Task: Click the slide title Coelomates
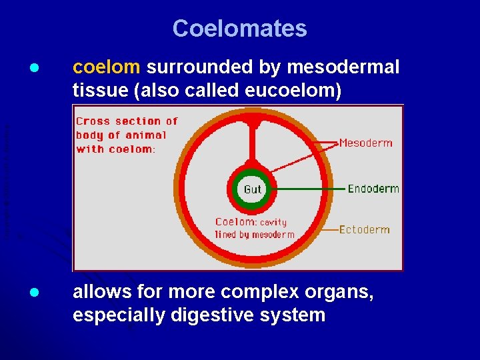click(239, 29)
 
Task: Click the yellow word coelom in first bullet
click(107, 67)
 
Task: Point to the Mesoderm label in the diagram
click(366, 143)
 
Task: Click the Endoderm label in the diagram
click(373, 189)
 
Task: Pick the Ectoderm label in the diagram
click(364, 229)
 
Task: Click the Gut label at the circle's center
click(253, 189)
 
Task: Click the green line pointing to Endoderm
click(307, 189)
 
